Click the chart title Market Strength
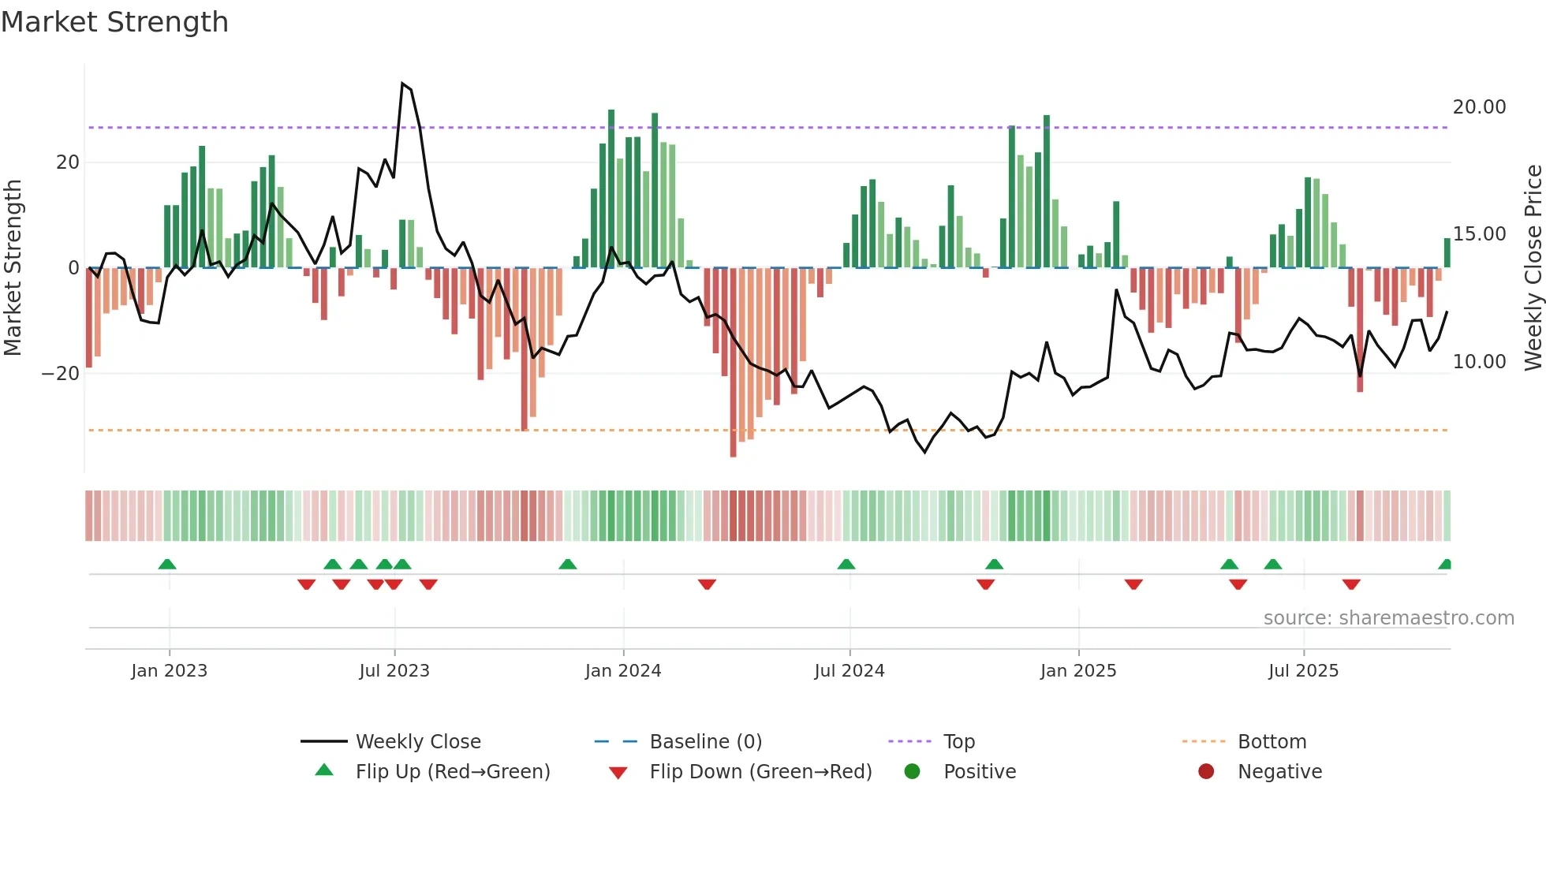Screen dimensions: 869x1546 point(114,22)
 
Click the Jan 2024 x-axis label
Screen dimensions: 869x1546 point(622,671)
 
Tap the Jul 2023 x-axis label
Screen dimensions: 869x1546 point(394,671)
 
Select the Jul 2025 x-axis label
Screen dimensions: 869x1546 point(1303,671)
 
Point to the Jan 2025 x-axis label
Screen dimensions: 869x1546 point(1077,671)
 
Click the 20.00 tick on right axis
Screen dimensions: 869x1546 point(1479,107)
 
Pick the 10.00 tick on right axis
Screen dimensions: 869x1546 point(1479,362)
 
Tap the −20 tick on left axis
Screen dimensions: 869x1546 point(61,374)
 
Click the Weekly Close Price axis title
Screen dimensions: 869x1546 point(1533,268)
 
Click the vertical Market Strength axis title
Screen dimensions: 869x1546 point(13,268)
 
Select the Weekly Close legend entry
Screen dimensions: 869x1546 point(417,742)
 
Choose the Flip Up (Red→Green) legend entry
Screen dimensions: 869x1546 point(452,772)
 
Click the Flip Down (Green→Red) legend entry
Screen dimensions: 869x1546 point(760,772)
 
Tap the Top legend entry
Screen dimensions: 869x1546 point(958,742)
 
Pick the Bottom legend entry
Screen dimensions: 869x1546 point(1272,742)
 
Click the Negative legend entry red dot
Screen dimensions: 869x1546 point(1206,772)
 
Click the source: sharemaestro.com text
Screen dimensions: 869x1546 point(1388,618)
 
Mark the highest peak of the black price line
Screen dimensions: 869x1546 point(402,84)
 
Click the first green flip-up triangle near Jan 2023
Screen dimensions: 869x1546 point(167,564)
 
